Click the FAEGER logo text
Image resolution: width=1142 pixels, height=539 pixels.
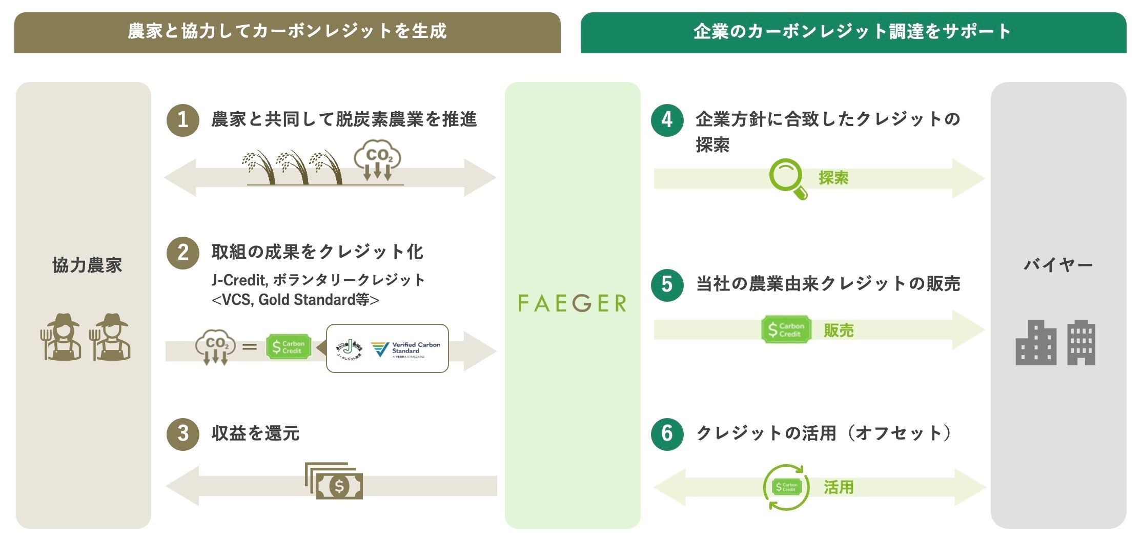[x=572, y=303]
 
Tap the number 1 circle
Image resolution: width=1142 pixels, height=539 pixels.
[x=183, y=120]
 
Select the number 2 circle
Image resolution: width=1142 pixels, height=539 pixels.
[x=183, y=253]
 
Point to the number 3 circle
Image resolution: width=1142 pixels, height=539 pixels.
[x=183, y=433]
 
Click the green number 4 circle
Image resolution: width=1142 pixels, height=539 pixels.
[x=667, y=120]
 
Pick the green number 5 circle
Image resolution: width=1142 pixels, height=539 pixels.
[x=667, y=284]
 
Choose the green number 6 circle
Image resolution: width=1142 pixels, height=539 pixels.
[x=667, y=433]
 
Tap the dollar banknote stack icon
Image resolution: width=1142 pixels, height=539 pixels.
[x=335, y=481]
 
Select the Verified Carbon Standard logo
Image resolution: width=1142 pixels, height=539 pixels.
[x=405, y=349]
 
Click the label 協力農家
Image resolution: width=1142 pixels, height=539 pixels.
[x=87, y=265]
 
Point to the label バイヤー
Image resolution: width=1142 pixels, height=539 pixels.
[x=1058, y=265]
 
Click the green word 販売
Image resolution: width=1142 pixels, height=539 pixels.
[x=839, y=330]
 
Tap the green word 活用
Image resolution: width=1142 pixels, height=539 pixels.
[x=839, y=487]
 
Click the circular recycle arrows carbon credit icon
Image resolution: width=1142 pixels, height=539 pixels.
[x=786, y=487]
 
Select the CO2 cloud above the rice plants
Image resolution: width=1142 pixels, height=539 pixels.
[x=378, y=159]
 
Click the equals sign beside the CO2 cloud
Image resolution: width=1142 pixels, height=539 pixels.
[x=250, y=347]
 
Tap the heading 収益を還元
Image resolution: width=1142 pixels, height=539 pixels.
[x=255, y=433]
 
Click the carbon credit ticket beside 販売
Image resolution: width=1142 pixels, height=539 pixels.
[x=786, y=329]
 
